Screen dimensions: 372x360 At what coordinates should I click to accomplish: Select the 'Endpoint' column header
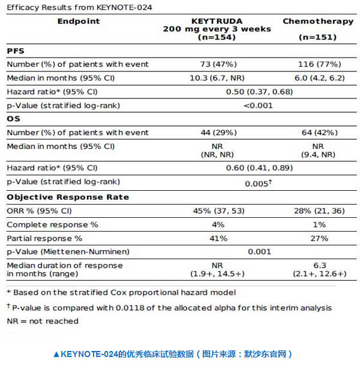79,21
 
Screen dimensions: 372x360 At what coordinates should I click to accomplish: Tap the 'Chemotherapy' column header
318,21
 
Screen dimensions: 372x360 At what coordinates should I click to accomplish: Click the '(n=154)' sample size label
217,37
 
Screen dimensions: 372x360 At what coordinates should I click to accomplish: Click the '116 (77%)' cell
319,64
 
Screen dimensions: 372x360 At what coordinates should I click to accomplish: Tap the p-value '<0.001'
258,106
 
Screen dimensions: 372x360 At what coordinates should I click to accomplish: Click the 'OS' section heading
13,119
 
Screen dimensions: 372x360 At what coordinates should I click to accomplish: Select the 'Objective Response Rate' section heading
68,197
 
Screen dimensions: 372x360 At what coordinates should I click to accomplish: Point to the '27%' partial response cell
319,238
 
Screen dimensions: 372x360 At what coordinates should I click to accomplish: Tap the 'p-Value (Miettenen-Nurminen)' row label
68,252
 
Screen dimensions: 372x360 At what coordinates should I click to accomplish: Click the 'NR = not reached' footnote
43,321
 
